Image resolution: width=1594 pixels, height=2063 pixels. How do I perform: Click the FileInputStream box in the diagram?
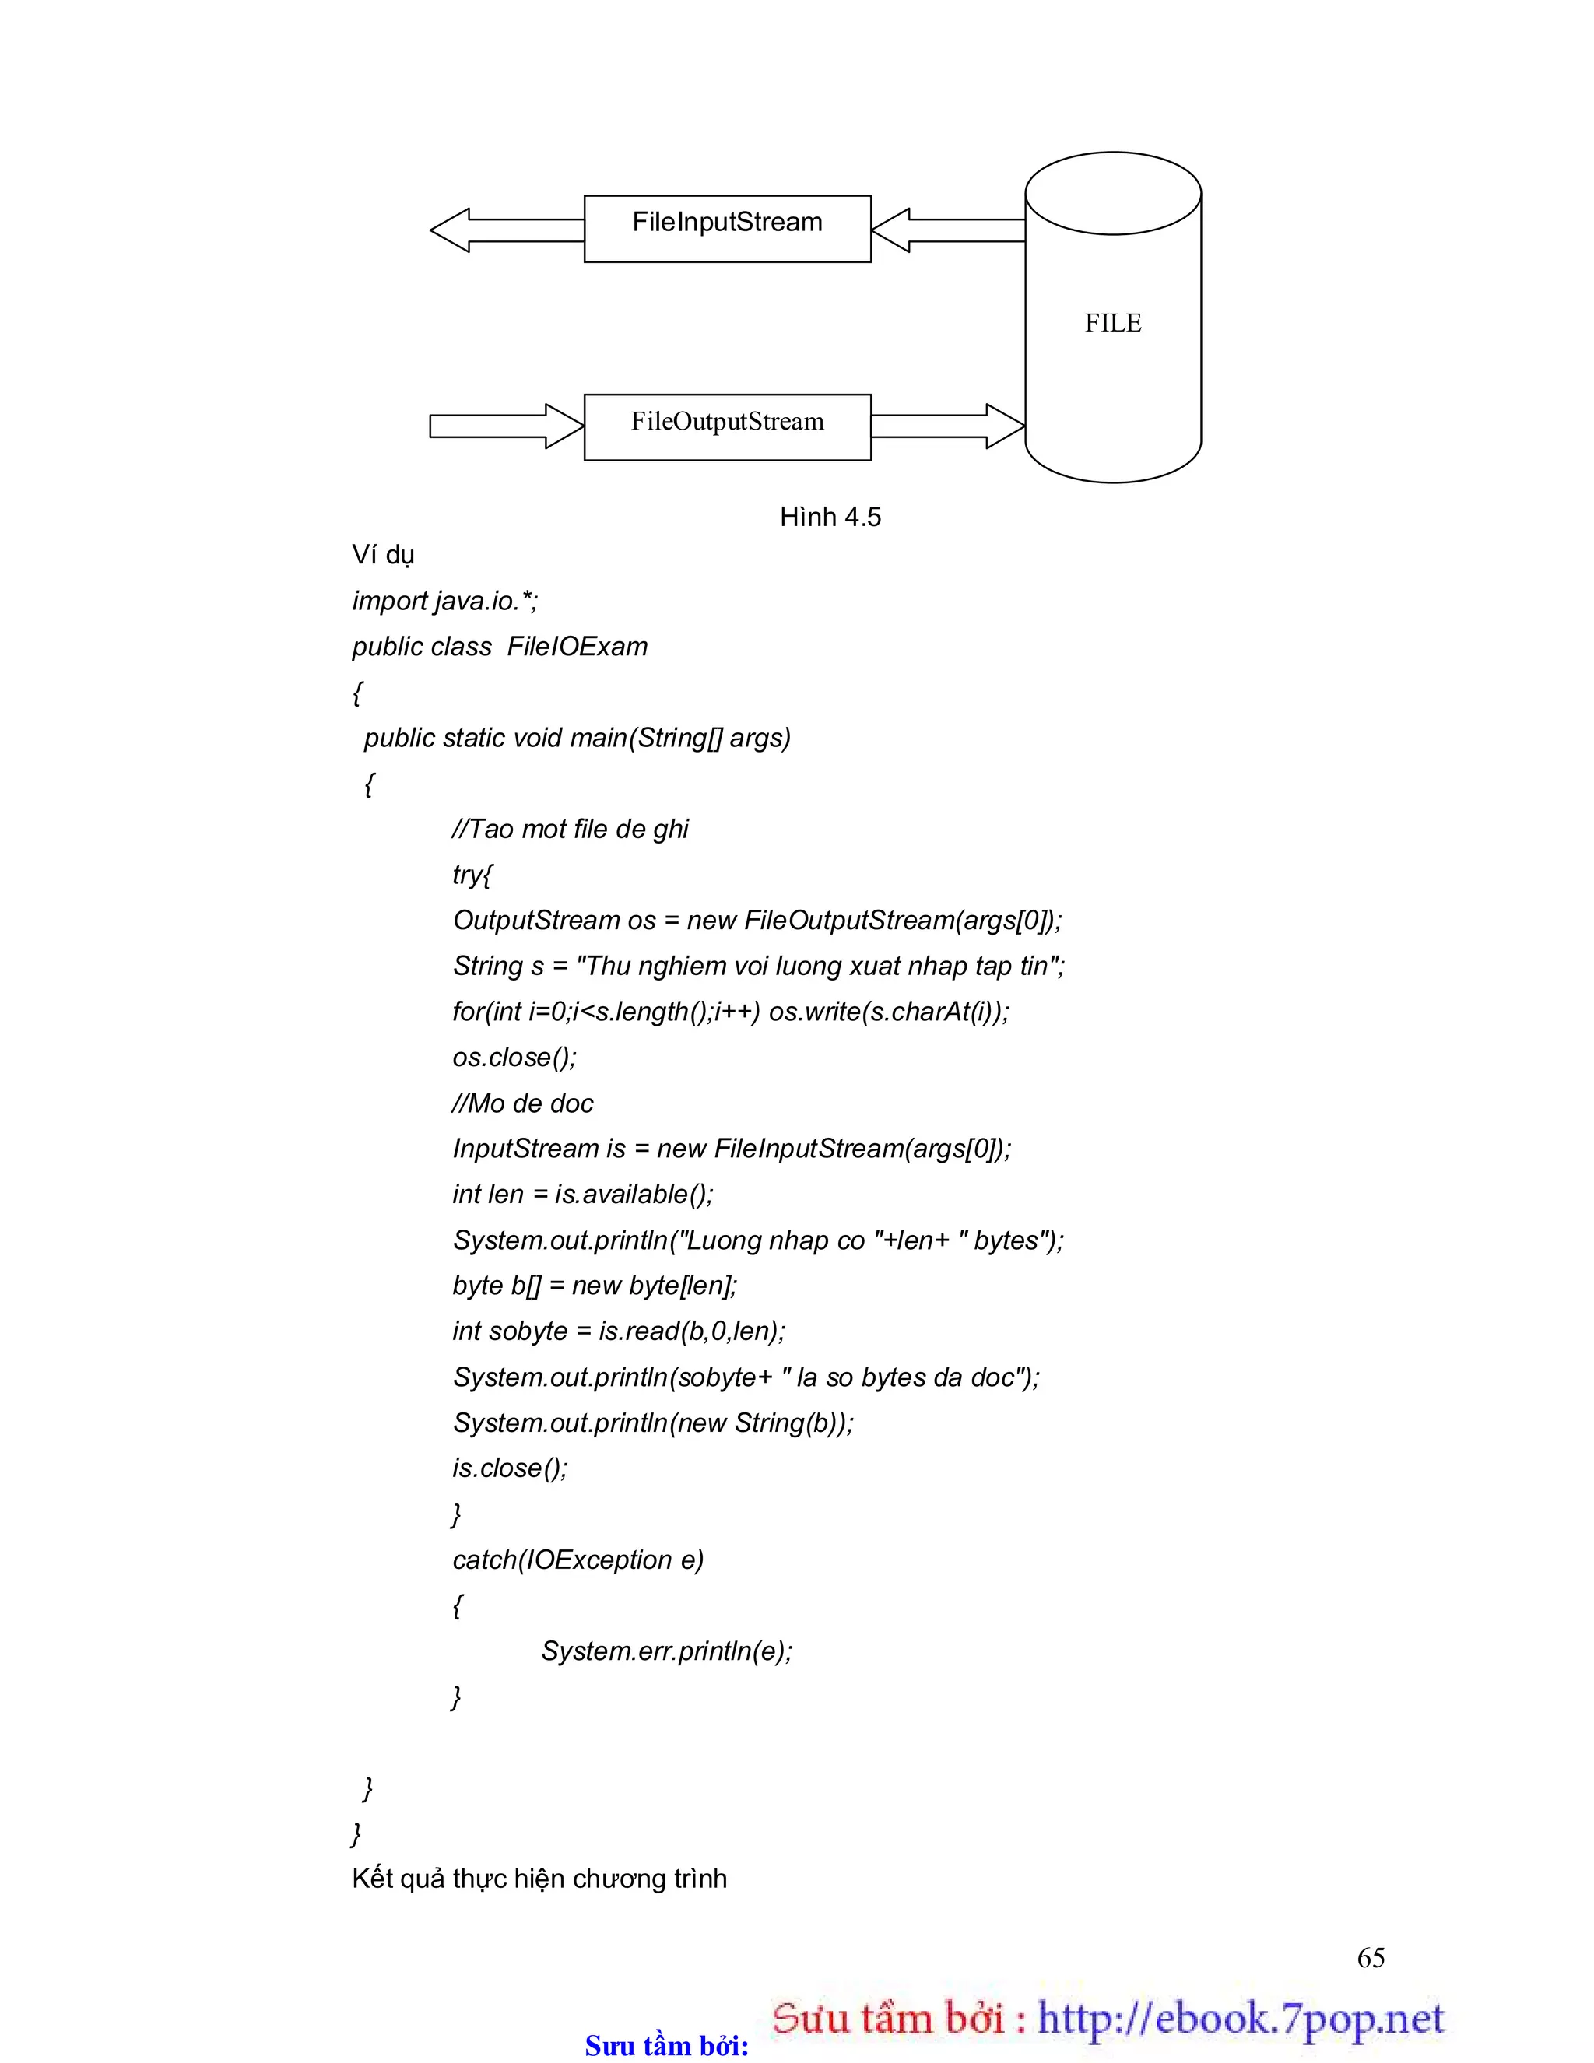point(727,228)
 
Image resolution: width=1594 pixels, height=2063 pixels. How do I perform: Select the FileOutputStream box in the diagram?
point(727,427)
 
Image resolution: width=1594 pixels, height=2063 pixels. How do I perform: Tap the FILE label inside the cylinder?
point(1112,323)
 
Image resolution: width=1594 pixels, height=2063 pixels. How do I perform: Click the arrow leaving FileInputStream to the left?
point(507,230)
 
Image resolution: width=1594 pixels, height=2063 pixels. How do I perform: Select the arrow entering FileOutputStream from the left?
point(507,426)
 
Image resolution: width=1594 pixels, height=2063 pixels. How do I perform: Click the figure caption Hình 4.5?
point(830,517)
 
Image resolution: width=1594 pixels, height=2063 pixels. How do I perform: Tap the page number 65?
point(1370,1957)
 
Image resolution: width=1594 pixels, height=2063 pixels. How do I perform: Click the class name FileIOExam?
point(578,647)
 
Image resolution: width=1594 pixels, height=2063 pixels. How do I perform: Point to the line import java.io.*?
point(445,601)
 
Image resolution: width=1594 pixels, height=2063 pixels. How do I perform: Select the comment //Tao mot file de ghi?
point(570,830)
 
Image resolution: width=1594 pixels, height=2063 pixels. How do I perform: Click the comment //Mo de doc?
point(522,1103)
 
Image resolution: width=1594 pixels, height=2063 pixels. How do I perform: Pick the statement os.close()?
point(514,1057)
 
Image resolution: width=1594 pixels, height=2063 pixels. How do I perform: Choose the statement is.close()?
point(511,1468)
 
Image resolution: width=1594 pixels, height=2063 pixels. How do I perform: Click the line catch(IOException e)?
point(578,1560)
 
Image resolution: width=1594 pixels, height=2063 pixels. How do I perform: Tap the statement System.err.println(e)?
point(666,1651)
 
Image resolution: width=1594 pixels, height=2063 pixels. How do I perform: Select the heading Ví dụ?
point(383,555)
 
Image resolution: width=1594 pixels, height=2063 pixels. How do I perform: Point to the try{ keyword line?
point(472,875)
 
